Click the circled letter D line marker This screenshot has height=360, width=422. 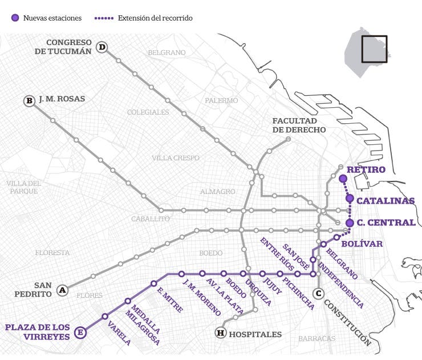[x=102, y=47]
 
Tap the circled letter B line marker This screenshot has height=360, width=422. [x=29, y=101]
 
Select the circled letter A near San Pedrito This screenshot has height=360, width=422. [x=63, y=290]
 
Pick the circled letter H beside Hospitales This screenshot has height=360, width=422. [x=220, y=333]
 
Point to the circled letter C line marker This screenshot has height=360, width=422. [x=319, y=293]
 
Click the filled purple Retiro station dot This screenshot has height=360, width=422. [x=343, y=179]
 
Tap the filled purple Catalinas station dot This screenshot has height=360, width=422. [x=350, y=199]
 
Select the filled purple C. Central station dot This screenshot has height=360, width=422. [x=350, y=223]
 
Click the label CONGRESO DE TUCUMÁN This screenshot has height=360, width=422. [x=63, y=47]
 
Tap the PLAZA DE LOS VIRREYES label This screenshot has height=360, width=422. [x=38, y=332]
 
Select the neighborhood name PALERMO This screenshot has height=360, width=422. [x=221, y=100]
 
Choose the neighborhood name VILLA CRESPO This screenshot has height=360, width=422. [x=176, y=157]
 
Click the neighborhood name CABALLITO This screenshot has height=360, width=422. [x=151, y=219]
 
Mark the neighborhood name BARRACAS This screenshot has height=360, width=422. [x=316, y=338]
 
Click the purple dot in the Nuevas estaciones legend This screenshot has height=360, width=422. [x=15, y=18]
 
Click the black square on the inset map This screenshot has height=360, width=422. [x=374, y=49]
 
